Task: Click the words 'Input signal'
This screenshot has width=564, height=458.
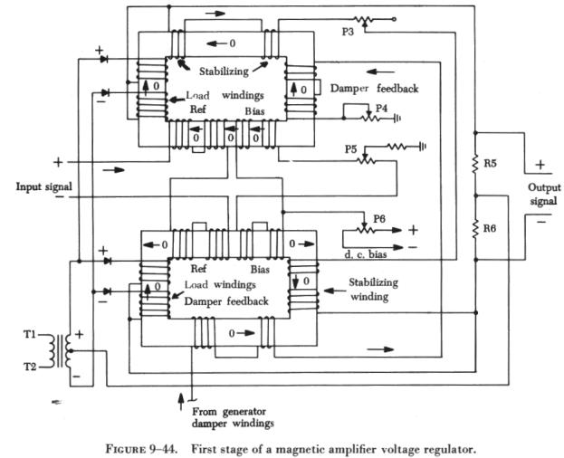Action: click(x=43, y=186)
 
